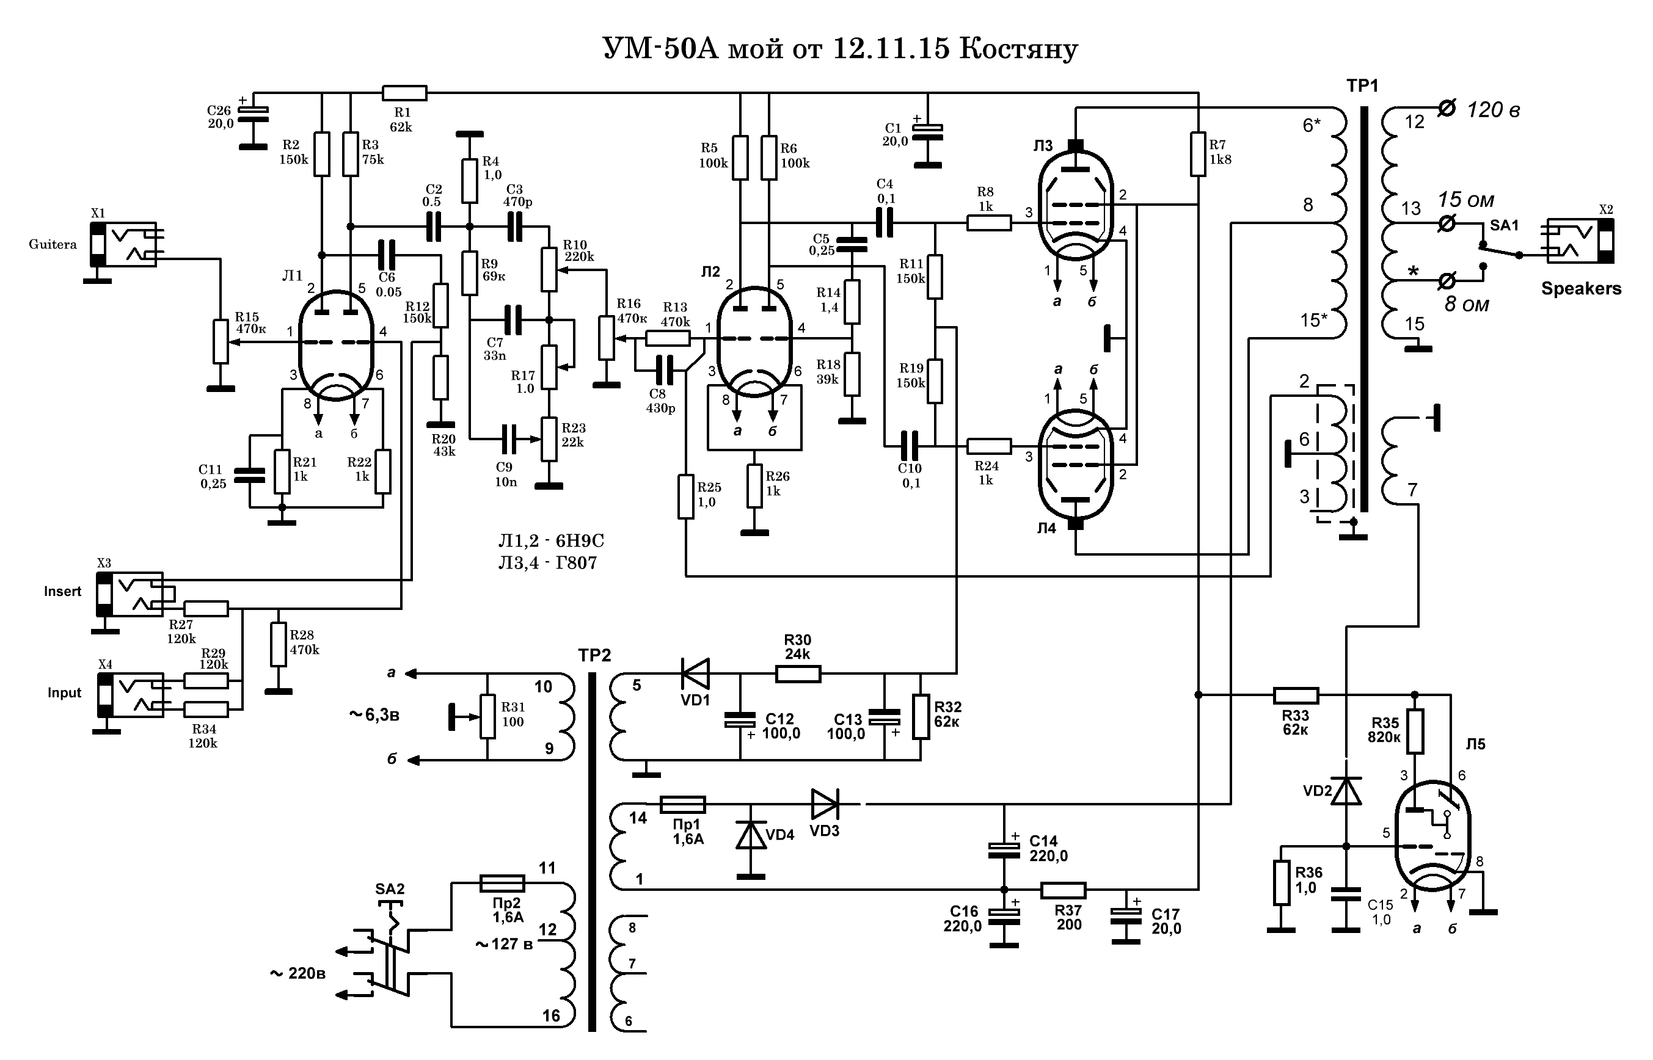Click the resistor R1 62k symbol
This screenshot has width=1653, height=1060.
[404, 93]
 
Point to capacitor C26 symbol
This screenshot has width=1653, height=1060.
[254, 114]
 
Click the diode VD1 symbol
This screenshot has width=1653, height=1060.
[695, 673]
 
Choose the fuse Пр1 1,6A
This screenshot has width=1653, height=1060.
[682, 804]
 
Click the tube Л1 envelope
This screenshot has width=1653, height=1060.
[336, 344]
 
